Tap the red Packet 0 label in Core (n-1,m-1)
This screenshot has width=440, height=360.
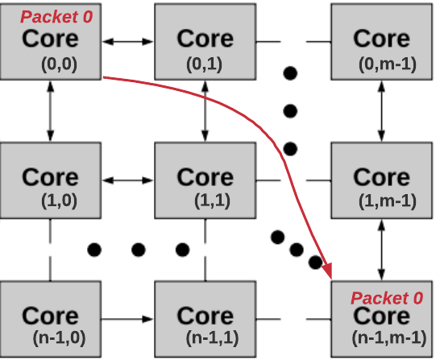coord(386,298)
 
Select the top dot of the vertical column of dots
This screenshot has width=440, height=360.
coord(291,73)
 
